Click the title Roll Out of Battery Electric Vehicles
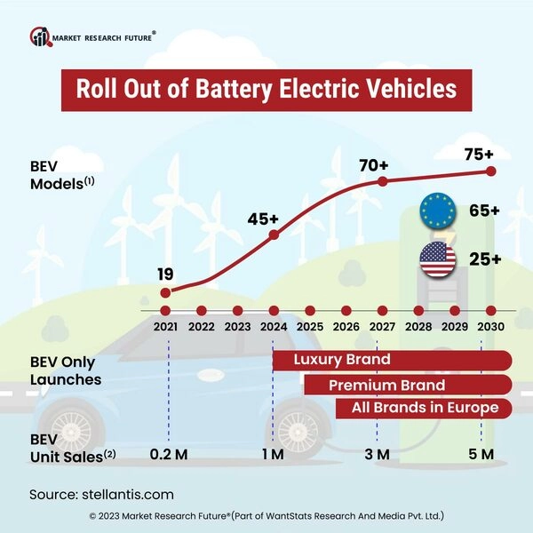[x=266, y=90]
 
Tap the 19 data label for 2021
[x=165, y=273]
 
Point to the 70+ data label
[x=373, y=164]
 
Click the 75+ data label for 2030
[x=480, y=154]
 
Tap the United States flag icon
[x=437, y=259]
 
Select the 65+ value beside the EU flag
[x=484, y=211]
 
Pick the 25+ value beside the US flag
[x=484, y=259]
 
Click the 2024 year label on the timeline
[x=273, y=327]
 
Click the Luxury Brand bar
[x=391, y=360]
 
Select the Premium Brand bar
[x=407, y=385]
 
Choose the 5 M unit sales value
[x=481, y=455]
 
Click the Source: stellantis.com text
[x=101, y=494]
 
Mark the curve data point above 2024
[x=274, y=235]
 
